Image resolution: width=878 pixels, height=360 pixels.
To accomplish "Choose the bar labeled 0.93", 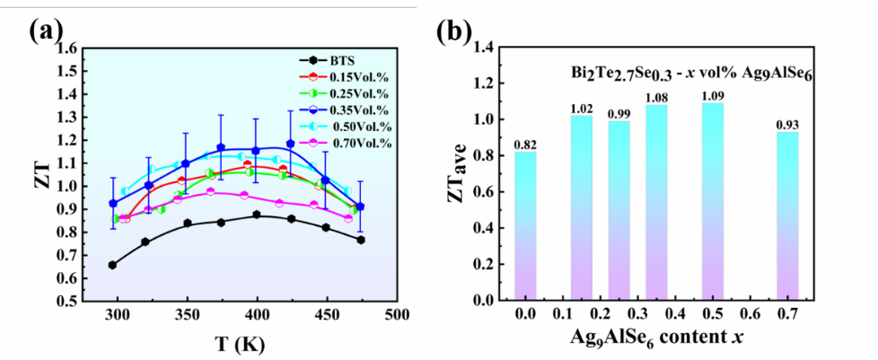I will [786, 215].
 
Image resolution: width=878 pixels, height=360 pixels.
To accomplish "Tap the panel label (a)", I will [46, 31].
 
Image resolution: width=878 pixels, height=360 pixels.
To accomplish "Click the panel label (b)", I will [454, 31].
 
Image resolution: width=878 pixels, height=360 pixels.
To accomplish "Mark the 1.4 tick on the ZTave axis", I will [483, 47].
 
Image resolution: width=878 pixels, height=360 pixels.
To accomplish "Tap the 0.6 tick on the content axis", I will [750, 315].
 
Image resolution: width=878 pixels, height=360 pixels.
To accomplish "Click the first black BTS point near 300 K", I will [112, 265].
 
